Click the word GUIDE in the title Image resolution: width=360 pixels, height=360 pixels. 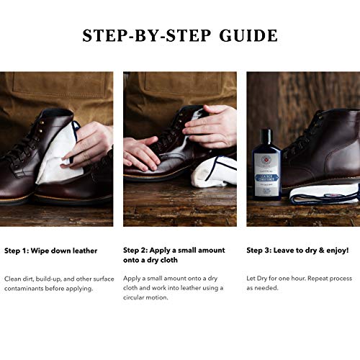243,35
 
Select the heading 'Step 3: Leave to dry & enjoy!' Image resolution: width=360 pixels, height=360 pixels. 297,251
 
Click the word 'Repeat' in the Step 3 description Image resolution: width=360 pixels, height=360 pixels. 318,278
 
